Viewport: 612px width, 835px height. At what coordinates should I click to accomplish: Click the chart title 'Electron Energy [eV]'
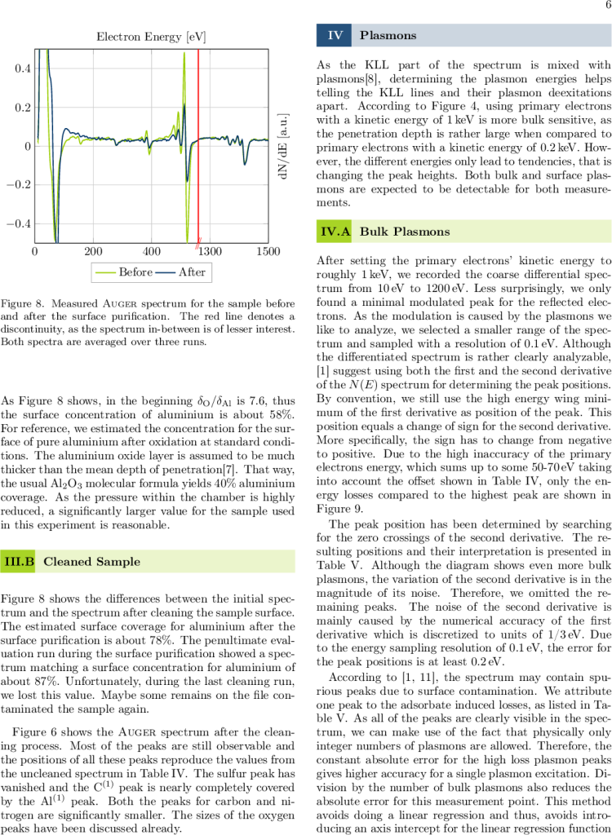click(x=151, y=37)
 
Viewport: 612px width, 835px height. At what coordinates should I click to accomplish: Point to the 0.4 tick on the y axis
click(x=23, y=68)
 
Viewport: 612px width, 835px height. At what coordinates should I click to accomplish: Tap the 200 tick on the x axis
click(x=93, y=251)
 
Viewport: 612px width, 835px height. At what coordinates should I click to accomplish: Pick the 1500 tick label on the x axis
click(x=268, y=251)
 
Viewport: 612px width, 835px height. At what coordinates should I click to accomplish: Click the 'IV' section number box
click(x=335, y=35)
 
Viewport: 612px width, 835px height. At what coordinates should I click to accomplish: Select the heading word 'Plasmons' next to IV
click(x=388, y=35)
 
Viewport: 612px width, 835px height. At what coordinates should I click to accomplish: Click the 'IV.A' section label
click(x=335, y=232)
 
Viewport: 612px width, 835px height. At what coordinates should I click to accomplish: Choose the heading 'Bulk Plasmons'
click(x=405, y=232)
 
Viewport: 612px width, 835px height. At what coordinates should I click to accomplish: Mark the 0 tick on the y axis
click(x=28, y=146)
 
